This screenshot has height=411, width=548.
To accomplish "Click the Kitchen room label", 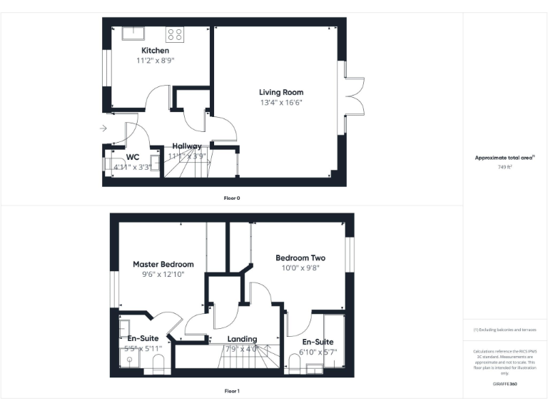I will pos(155,51).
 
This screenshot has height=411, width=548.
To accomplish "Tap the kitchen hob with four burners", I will pos(175,34).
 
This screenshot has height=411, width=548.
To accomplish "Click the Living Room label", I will pos(281,92).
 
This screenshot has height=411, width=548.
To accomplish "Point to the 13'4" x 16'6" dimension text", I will pos(281,103).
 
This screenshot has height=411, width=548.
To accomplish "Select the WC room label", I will pos(133,157).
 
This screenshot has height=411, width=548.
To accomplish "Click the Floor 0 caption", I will pos(232,198).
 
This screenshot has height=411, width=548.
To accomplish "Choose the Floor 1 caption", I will pos(232,391).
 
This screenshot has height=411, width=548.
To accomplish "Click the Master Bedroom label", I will pos(163,264).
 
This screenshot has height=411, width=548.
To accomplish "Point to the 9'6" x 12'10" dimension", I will pos(163,274).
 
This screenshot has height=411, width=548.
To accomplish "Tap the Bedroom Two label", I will pos(300,258).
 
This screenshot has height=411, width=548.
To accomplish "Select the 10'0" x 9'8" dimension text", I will pos(300,268).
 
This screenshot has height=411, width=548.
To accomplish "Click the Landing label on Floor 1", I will pos(242,340).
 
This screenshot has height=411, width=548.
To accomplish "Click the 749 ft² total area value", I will pos(505,167).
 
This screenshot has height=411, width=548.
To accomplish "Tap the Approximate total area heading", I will pos(504,158).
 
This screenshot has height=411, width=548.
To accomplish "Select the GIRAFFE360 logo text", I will pos(504,384).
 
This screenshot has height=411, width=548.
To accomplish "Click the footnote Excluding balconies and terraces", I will pos(504,330).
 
